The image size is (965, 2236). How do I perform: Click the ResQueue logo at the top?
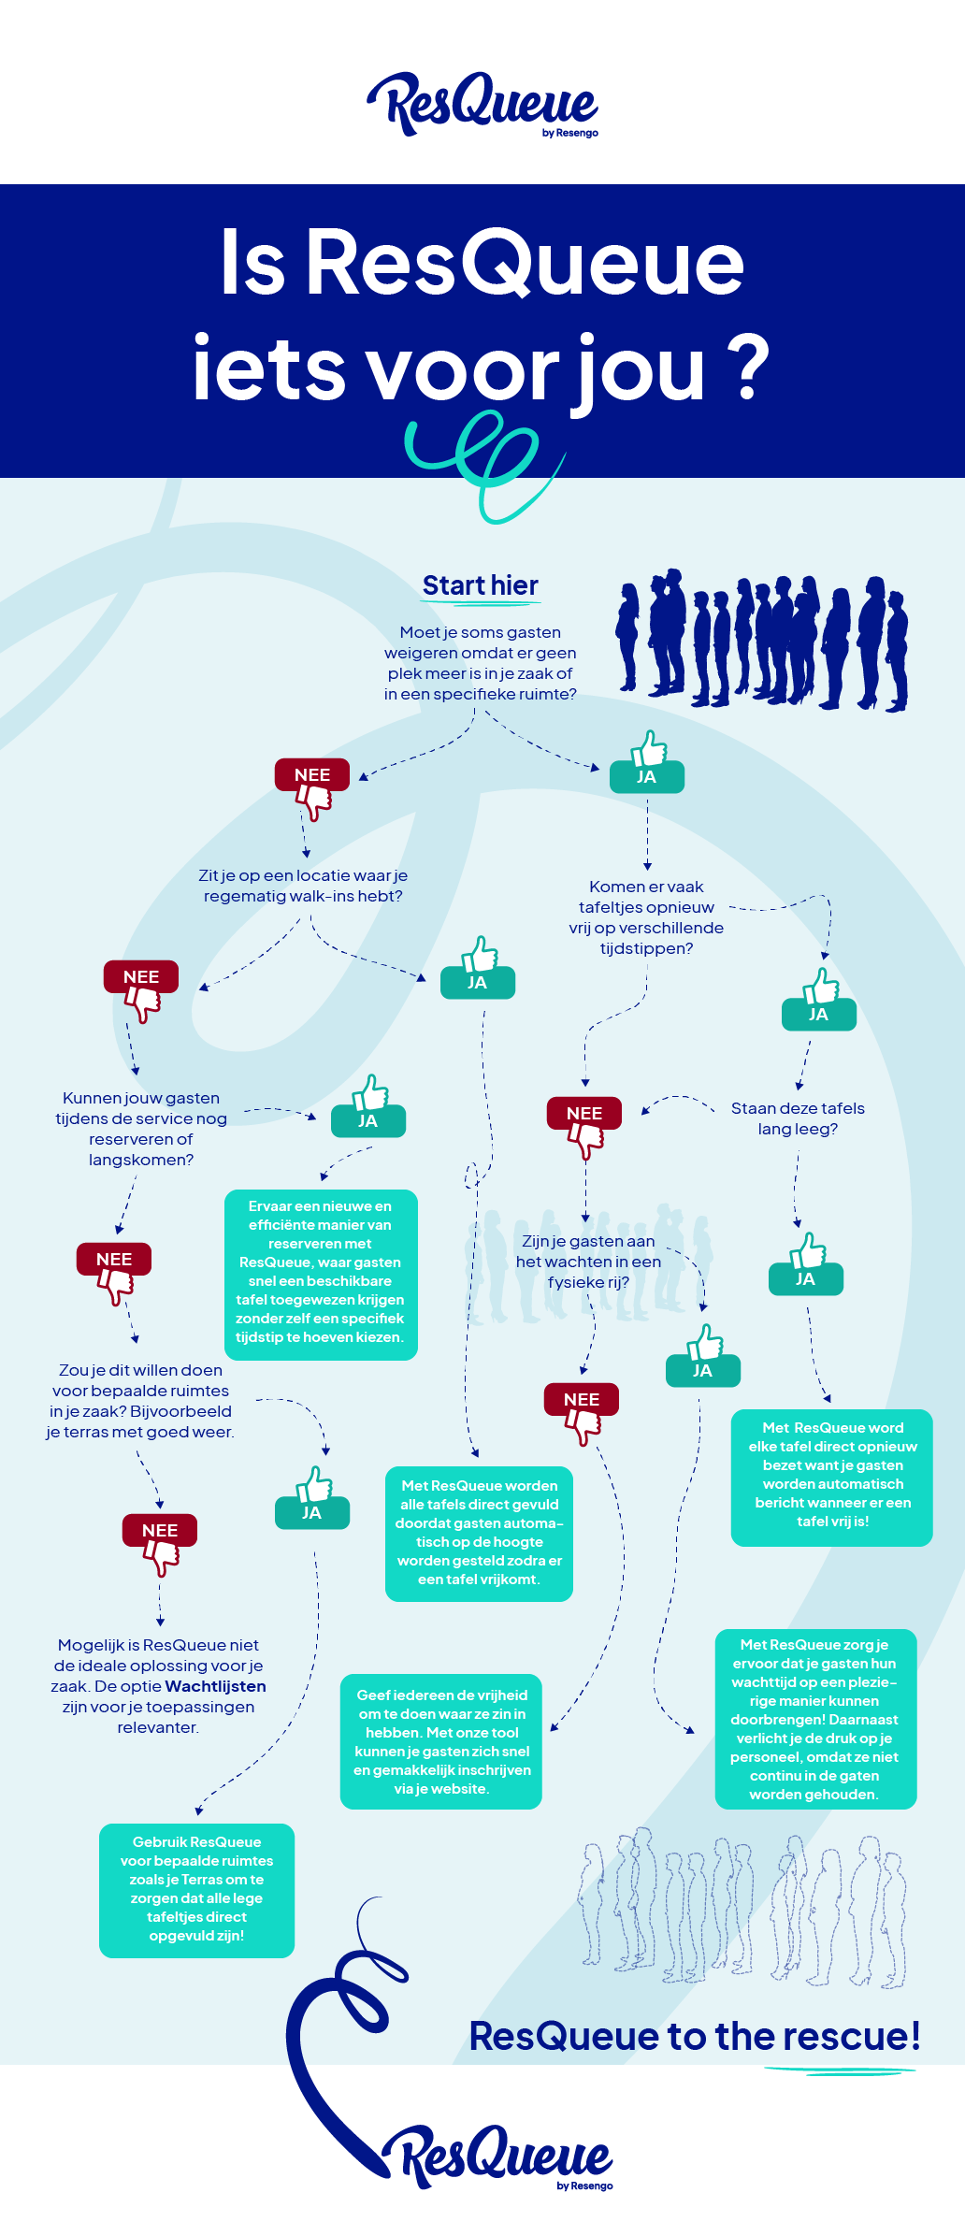[482, 104]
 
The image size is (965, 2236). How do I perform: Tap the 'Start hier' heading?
[481, 585]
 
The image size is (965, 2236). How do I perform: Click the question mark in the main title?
[748, 369]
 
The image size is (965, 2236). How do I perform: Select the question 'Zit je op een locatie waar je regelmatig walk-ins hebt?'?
[303, 886]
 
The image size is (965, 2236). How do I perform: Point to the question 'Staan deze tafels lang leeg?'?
[798, 1118]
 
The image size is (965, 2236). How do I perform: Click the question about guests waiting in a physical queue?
[588, 1262]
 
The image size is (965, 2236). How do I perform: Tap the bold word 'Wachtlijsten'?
[216, 1686]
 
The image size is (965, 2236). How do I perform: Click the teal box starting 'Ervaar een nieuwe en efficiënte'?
[321, 1275]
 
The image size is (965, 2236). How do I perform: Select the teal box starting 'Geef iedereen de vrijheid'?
[441, 1741]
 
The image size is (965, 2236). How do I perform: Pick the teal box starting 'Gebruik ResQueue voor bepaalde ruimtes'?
[196, 1890]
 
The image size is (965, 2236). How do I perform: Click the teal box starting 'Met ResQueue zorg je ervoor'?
[815, 1719]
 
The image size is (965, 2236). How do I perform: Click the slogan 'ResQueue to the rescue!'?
[695, 2036]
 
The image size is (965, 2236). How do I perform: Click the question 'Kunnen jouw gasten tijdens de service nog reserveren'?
[141, 1129]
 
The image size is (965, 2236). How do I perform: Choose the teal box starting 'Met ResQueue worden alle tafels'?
[479, 1534]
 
